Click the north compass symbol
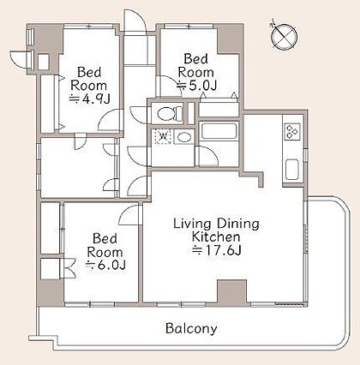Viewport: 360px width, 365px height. [x=284, y=37]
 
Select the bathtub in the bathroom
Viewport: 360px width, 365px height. [x=219, y=131]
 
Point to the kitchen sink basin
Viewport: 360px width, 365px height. [x=292, y=170]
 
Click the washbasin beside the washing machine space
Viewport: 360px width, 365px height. [x=183, y=137]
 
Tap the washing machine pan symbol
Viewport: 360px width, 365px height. [x=162, y=136]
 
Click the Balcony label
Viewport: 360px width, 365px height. [x=191, y=328]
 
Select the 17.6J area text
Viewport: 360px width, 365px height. [x=218, y=250]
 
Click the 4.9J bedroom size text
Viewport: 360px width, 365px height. [x=90, y=99]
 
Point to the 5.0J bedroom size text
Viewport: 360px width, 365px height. [x=197, y=86]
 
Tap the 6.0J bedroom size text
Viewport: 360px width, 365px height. [x=105, y=266]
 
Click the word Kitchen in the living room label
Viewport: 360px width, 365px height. [x=215, y=236]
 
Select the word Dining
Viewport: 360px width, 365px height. [x=237, y=224]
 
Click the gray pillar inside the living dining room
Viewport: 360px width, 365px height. [x=231, y=290]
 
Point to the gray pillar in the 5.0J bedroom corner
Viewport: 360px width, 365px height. [x=228, y=39]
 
